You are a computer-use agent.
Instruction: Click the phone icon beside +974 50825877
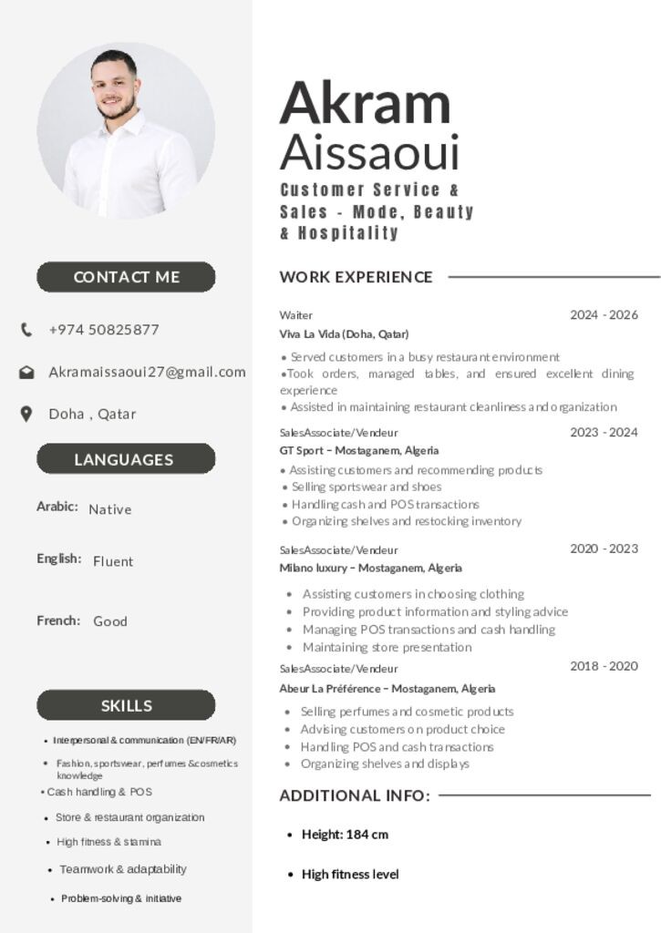[26, 330]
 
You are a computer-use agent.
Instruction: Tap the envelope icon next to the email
[26, 372]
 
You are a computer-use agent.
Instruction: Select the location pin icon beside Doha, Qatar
[26, 414]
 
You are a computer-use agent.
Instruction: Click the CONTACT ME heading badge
[126, 277]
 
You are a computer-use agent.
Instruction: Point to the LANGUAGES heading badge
[126, 459]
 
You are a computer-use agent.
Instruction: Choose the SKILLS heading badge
[126, 705]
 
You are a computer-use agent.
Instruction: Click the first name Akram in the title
[365, 103]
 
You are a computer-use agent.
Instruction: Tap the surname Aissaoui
[369, 152]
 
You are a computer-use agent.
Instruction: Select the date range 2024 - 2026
[604, 315]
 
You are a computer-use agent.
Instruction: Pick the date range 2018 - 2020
[604, 666]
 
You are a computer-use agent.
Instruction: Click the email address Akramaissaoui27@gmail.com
[147, 372]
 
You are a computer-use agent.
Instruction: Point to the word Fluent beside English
[113, 561]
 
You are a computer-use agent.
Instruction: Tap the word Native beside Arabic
[110, 509]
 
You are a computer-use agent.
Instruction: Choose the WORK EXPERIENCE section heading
[356, 277]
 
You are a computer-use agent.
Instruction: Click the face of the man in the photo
[116, 88]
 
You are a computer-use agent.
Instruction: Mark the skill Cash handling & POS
[98, 792]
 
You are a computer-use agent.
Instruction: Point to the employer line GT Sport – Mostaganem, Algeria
[358, 450]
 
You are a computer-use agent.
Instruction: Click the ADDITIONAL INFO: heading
[355, 795]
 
